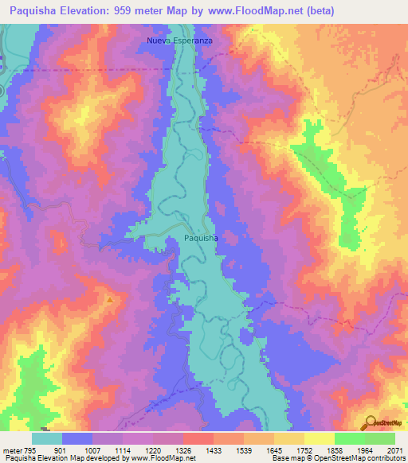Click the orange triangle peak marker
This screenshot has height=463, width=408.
click(109, 299)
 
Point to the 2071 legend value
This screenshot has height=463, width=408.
click(394, 449)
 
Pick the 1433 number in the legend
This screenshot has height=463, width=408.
click(213, 449)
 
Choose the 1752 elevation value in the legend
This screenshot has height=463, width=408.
click(304, 449)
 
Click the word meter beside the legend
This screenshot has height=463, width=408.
click(10, 449)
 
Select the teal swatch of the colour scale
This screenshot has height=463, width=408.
click(47, 438)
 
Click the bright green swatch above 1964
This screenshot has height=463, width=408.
click(349, 438)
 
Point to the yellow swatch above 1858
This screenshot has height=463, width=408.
click(319, 438)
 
